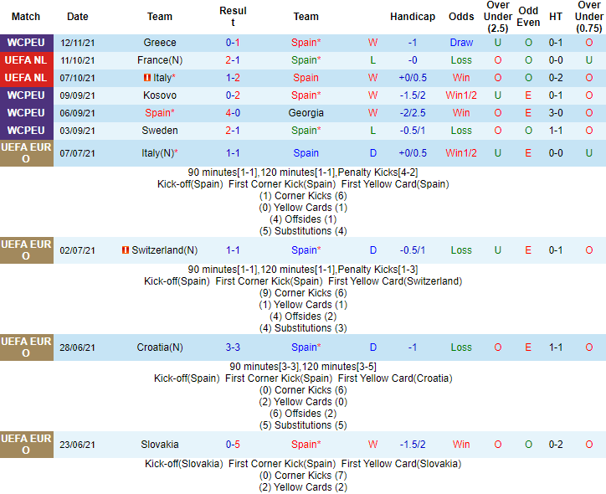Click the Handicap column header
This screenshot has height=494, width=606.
coord(413,17)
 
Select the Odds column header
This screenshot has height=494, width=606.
coord(461,17)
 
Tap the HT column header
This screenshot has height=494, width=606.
coord(556,17)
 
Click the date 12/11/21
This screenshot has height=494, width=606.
coord(78,43)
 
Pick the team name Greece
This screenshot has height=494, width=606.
coord(160,43)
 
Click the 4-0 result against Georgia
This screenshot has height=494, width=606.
coord(233,113)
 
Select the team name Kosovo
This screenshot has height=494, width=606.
coord(160,95)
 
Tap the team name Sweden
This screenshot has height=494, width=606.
coord(160,131)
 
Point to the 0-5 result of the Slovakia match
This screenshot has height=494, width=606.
coord(233,445)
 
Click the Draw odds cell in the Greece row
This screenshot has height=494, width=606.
coord(461,43)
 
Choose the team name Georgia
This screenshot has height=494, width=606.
coord(306,113)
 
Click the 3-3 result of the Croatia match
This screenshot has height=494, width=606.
coord(233,347)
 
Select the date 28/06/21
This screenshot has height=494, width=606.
coord(78,347)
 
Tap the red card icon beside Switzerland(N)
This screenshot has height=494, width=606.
coord(125,250)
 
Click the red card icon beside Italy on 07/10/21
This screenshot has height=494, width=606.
coord(146,78)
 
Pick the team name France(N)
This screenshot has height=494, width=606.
coord(160,60)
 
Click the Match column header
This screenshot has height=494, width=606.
coord(26,17)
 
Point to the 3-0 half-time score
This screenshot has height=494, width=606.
coord(556,113)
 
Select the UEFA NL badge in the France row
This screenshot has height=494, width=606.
coord(25,60)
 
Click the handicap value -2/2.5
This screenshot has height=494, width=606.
coord(413,113)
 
